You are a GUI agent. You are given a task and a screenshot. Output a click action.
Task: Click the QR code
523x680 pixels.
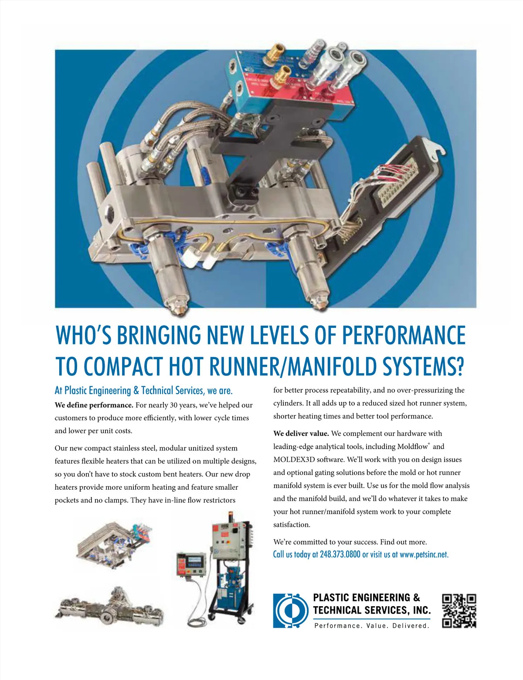459,611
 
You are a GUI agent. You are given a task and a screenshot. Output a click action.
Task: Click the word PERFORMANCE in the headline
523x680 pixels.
404,335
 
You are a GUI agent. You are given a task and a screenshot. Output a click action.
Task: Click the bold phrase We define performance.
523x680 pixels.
94,405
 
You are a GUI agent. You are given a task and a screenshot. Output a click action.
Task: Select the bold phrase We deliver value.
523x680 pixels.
301,433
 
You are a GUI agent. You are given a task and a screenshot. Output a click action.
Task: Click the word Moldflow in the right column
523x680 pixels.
412,446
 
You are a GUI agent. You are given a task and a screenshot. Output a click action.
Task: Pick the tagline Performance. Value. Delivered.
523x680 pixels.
372,625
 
